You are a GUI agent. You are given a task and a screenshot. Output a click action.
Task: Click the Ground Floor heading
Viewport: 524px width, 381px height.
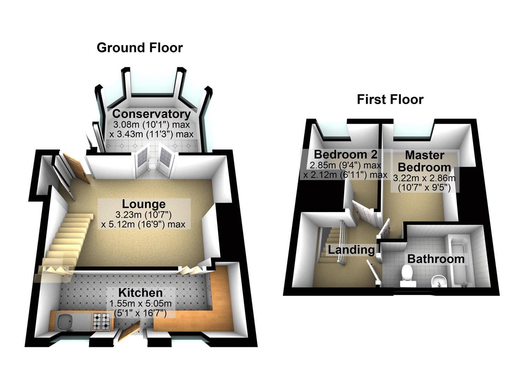[140, 48]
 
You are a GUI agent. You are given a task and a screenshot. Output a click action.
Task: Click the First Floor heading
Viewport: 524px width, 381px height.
[390, 99]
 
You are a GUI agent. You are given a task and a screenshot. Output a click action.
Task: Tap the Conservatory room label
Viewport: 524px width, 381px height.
[151, 114]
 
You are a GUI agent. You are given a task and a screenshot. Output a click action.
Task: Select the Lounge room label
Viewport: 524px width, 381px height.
[144, 204]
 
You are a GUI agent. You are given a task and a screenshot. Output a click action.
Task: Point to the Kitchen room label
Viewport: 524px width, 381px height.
[140, 292]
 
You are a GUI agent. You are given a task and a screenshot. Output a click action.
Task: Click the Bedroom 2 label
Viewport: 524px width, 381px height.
[345, 154]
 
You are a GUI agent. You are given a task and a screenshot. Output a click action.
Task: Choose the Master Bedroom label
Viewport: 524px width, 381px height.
[424, 161]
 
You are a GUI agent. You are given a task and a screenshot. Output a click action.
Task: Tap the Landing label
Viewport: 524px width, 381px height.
[351, 250]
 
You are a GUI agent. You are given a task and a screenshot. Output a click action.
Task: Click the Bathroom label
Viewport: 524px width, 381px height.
[436, 259]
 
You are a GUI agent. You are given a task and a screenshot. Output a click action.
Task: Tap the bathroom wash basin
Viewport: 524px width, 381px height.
[439, 281]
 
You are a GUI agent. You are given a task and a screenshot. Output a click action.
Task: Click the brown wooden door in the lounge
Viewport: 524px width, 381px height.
[77, 168]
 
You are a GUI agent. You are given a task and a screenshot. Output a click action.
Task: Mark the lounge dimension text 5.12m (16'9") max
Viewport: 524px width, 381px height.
[143, 224]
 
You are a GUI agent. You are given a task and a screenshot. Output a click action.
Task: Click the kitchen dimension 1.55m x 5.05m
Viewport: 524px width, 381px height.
[140, 303]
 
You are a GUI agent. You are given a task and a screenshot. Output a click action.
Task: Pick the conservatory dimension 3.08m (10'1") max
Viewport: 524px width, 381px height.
[151, 125]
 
